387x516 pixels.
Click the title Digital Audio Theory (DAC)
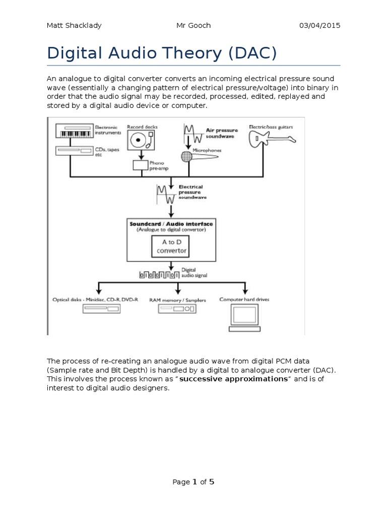pos(162,53)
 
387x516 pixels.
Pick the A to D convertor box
pos(171,246)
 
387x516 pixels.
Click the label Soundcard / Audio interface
pos(171,224)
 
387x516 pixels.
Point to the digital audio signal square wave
pos(158,275)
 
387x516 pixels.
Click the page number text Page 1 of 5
pos(193,482)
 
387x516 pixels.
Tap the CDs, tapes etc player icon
pos(74,151)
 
